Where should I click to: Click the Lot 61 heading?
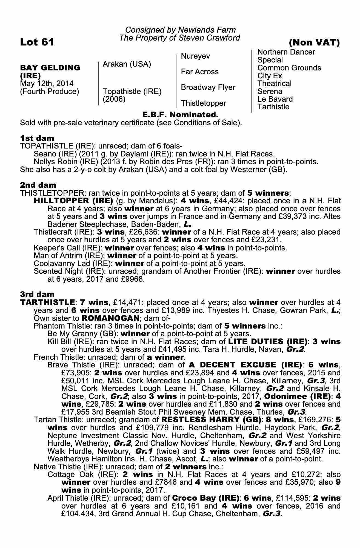(x=37, y=42)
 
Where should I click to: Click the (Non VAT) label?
(x=314, y=42)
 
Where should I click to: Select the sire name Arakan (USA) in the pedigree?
(x=127, y=64)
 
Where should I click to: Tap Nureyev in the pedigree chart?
(x=196, y=56)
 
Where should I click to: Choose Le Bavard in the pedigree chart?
(x=275, y=99)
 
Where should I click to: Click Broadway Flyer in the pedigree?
(x=208, y=87)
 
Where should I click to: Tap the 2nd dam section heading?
(x=38, y=185)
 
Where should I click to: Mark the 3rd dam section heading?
(x=37, y=294)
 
